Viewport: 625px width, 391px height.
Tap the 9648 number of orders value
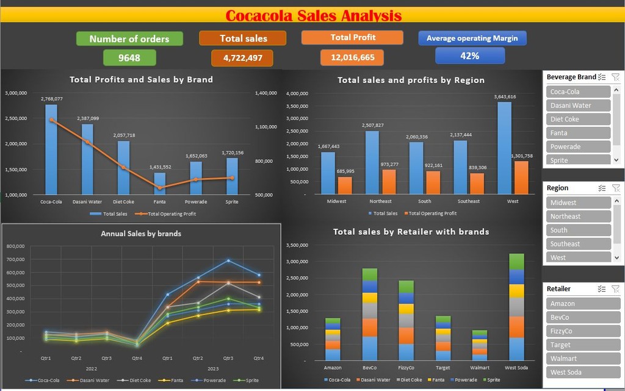coord(129,57)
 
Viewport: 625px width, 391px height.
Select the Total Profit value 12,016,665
coord(352,57)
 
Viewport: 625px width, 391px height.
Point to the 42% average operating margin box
coord(469,56)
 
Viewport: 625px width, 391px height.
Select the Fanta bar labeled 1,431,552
coord(159,183)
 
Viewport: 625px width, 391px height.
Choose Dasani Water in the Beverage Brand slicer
coord(578,106)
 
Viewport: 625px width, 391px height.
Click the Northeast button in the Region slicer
coord(578,217)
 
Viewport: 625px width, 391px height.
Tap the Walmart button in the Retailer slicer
coord(578,359)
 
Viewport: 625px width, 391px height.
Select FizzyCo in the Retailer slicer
coord(578,331)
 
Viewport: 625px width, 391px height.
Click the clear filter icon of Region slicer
coord(615,188)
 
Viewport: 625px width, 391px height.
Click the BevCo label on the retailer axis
coord(370,368)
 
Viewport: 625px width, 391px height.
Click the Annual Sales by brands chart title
coord(141,234)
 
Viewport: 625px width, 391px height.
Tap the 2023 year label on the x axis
coord(212,368)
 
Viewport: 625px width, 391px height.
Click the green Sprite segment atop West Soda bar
coord(516,261)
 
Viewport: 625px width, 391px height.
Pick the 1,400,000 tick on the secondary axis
coord(266,93)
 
